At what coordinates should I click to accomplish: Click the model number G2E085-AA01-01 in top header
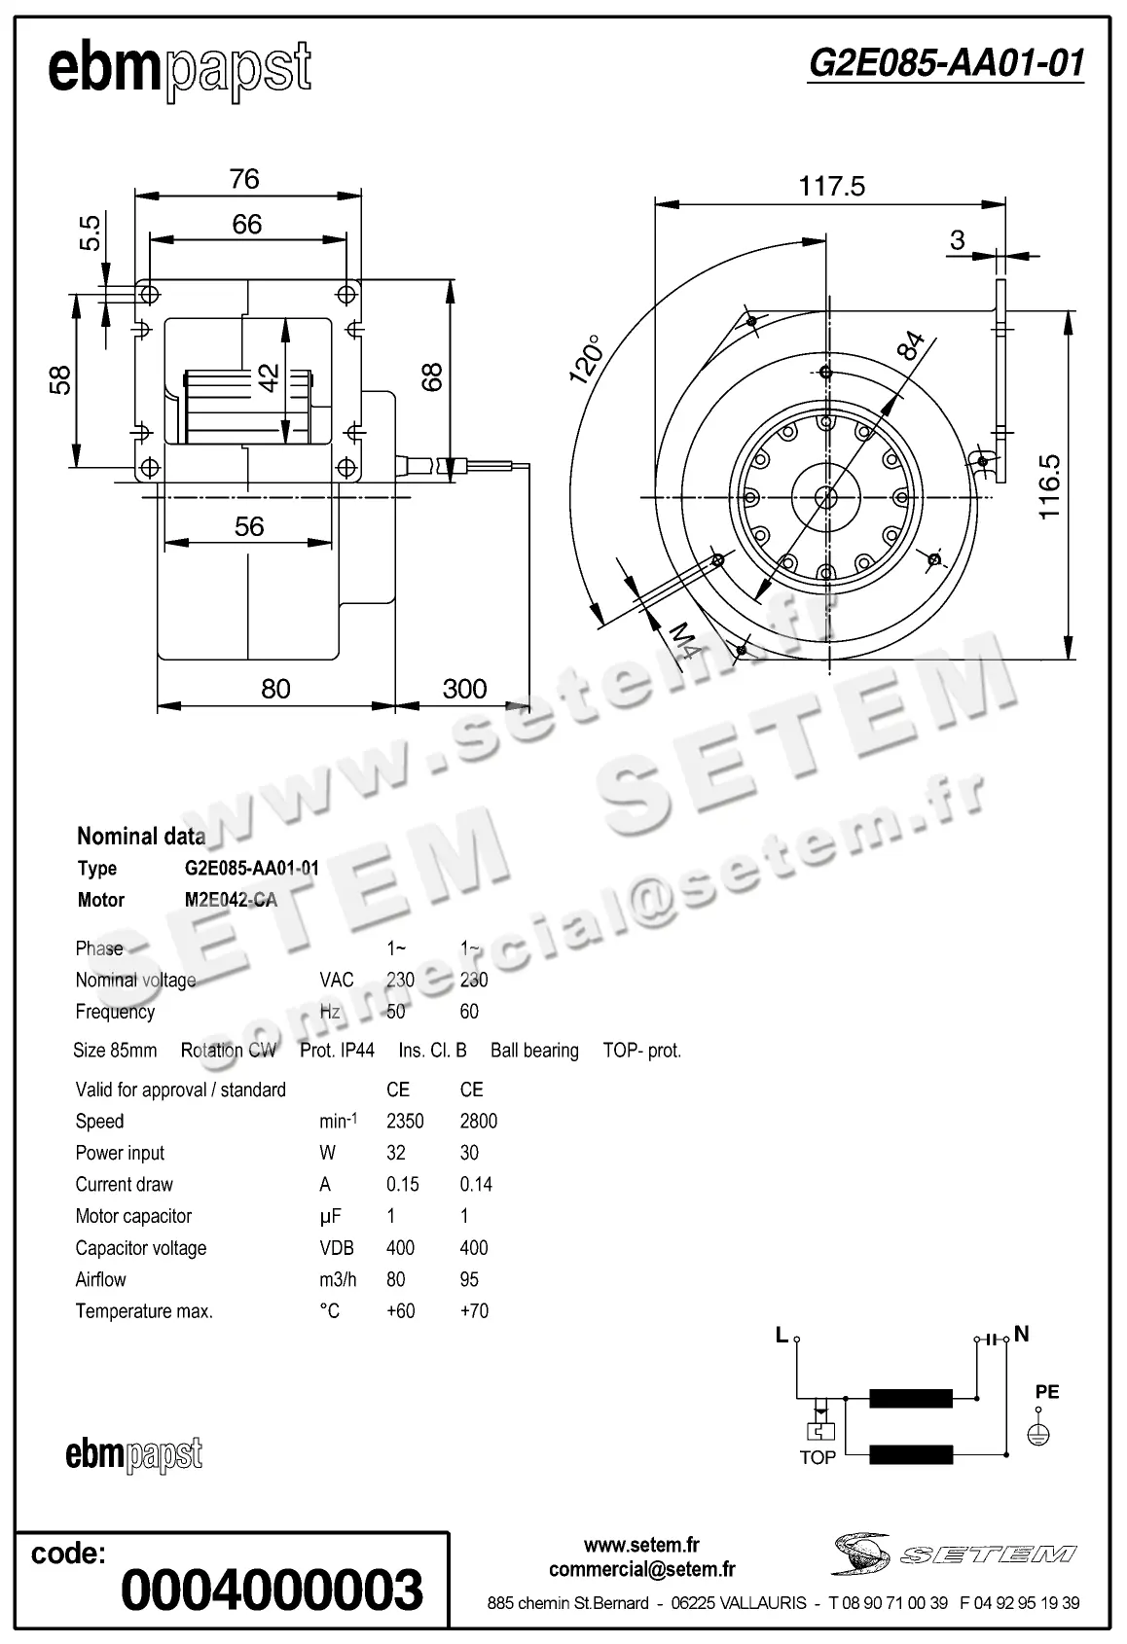[x=945, y=63]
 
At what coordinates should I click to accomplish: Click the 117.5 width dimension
[x=831, y=186]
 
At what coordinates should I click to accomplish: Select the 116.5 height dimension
[x=1049, y=486]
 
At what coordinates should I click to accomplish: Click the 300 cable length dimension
[x=464, y=689]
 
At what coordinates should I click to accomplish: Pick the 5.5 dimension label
[x=90, y=232]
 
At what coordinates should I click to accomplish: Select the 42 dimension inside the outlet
[x=270, y=377]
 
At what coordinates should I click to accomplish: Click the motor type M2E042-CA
[x=231, y=900]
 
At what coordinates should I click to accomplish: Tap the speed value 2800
[x=478, y=1121]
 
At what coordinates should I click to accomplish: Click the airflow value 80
[x=395, y=1279]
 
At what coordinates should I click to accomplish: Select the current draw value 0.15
[x=402, y=1184]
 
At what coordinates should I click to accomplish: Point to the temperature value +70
[x=474, y=1310]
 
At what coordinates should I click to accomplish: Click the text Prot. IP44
[x=337, y=1051]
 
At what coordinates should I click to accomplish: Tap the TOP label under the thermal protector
[x=818, y=1457]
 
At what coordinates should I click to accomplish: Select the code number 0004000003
[x=273, y=1590]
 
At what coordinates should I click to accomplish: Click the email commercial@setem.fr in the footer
[x=641, y=1569]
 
